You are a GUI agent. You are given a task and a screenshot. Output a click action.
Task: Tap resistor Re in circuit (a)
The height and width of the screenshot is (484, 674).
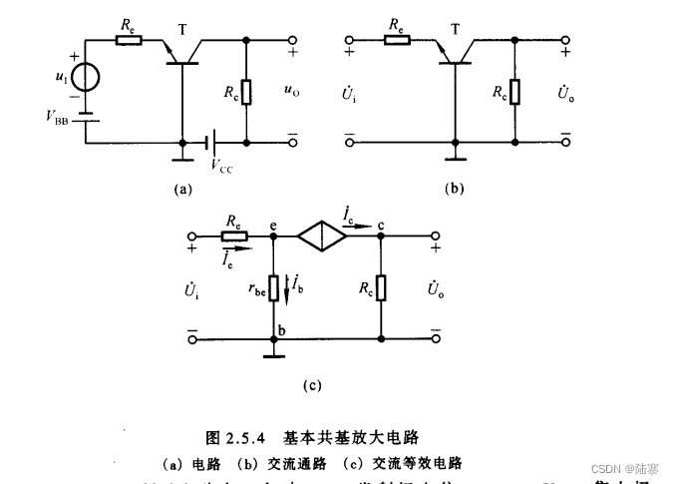(x=129, y=41)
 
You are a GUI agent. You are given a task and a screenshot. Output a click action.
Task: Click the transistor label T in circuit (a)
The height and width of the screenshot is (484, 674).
(x=182, y=30)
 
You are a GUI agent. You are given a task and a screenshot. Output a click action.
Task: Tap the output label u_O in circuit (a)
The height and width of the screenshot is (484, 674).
(x=291, y=92)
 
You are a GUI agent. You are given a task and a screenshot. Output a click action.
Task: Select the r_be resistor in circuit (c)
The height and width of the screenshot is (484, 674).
(x=273, y=289)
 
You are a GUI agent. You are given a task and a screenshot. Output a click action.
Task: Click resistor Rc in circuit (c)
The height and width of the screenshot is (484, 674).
(x=382, y=289)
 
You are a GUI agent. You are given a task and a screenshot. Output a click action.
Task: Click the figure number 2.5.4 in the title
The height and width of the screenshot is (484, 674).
(x=252, y=436)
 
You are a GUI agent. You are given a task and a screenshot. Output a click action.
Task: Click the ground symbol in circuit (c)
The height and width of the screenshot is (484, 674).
(x=273, y=347)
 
